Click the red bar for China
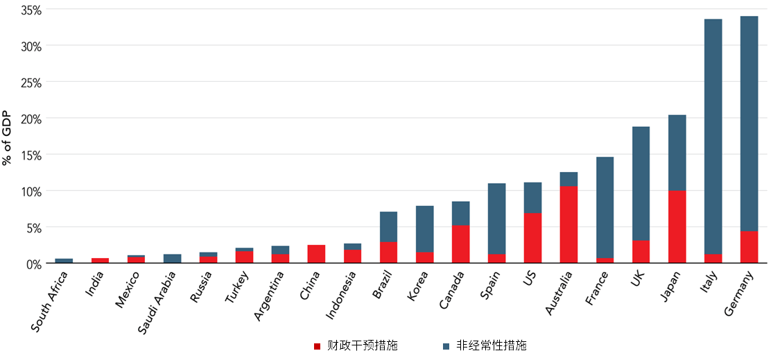(x=316, y=254)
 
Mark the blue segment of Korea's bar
(x=424, y=228)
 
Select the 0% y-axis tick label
(x=33, y=264)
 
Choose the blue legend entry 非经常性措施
(x=491, y=345)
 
